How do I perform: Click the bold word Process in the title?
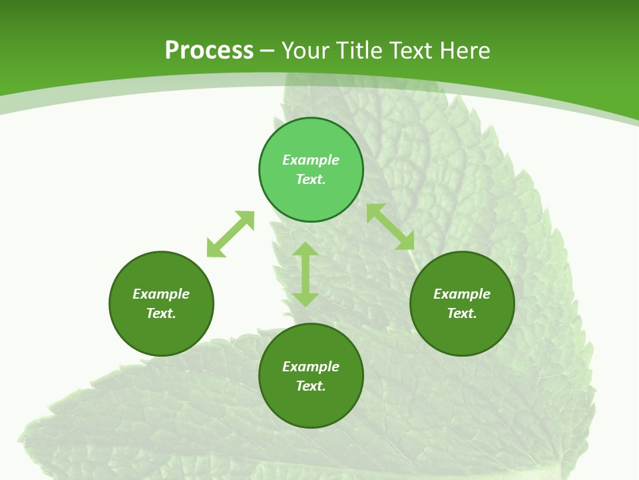pyautogui.click(x=209, y=51)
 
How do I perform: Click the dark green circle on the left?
pyautogui.click(x=161, y=333)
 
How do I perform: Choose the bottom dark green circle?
pyautogui.click(x=311, y=407)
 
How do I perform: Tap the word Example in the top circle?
pyautogui.click(x=311, y=160)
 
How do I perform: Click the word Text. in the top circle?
pyautogui.click(x=311, y=179)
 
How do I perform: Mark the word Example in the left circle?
pyautogui.click(x=161, y=294)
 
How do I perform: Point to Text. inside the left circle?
pyautogui.click(x=161, y=313)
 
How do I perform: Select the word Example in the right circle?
pyautogui.click(x=462, y=294)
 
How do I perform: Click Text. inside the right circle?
pyautogui.click(x=462, y=313)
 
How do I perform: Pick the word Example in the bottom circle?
pyautogui.click(x=311, y=367)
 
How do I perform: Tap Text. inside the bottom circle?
pyautogui.click(x=311, y=386)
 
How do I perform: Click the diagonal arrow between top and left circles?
pyautogui.click(x=230, y=234)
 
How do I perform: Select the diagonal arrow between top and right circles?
pyautogui.click(x=391, y=227)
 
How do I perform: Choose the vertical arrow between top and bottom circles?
pyautogui.click(x=305, y=274)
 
